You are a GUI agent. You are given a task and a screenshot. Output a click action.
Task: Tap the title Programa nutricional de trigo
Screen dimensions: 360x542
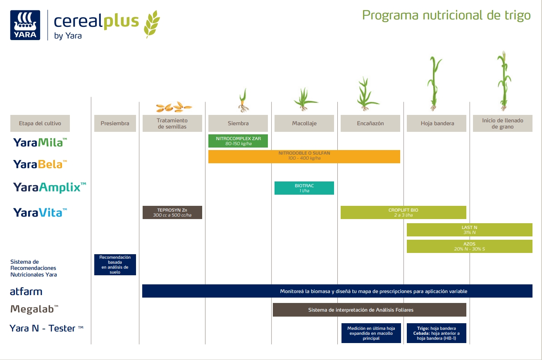click(446, 15)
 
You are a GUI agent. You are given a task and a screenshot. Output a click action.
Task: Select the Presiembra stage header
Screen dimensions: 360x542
click(115, 123)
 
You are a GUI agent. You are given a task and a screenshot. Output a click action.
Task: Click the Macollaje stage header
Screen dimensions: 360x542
click(304, 123)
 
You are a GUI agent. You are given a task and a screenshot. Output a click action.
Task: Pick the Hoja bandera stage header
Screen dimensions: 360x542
click(437, 123)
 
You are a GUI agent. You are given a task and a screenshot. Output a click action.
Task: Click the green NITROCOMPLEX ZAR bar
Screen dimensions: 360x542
click(238, 141)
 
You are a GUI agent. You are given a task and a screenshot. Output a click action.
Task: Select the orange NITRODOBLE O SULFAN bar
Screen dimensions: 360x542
click(304, 156)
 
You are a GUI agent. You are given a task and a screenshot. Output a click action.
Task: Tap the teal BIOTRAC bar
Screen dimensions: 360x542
click(304, 188)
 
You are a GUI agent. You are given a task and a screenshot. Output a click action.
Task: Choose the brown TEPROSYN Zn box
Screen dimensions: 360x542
click(172, 212)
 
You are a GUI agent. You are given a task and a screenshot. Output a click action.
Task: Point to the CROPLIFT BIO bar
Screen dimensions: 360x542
click(403, 212)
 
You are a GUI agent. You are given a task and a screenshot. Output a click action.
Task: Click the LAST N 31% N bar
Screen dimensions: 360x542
click(469, 230)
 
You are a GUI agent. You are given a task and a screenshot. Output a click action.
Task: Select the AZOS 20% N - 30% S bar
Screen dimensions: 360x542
click(469, 246)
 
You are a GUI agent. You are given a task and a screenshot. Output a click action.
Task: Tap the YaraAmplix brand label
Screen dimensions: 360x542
click(50, 187)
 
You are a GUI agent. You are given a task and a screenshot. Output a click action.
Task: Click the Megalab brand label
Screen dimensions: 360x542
click(34, 309)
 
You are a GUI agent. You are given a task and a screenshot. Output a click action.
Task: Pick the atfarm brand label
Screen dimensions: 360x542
click(26, 291)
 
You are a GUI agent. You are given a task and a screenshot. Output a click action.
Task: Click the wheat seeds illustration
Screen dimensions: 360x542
click(174, 107)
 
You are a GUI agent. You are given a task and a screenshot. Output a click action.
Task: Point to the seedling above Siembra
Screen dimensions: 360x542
click(244, 101)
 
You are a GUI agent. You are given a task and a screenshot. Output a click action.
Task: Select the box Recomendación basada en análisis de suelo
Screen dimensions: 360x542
click(115, 265)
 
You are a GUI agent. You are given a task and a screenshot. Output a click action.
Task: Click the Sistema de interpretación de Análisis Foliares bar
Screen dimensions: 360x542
click(369, 310)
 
